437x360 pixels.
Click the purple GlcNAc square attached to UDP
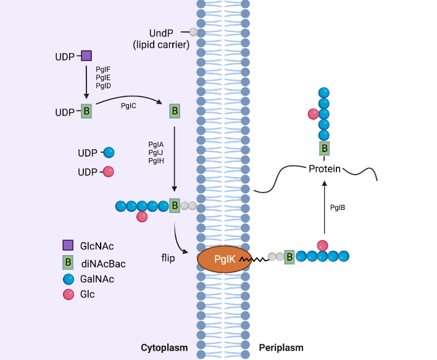point(86,56)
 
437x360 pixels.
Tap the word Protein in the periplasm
point(325,169)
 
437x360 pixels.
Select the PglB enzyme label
point(338,207)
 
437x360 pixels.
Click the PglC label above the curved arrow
point(128,106)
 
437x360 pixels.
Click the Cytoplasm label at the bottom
point(164,348)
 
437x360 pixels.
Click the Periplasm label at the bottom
point(281,348)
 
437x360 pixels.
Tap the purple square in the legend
point(69,245)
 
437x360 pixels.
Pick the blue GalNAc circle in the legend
point(69,279)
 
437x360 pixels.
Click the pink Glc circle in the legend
point(69,295)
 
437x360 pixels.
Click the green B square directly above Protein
point(324,148)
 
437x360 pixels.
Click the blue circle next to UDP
point(109,153)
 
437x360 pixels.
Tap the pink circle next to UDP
point(109,172)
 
